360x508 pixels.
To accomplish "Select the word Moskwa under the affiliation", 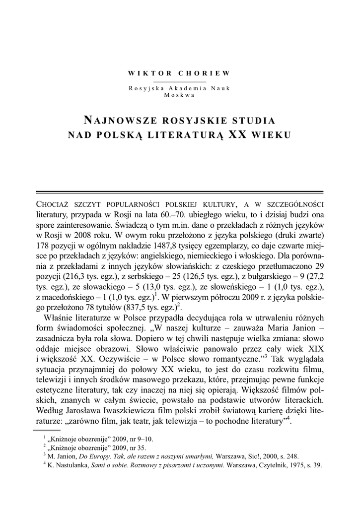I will coord(179,95).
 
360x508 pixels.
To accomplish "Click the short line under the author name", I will coord(179,81).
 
